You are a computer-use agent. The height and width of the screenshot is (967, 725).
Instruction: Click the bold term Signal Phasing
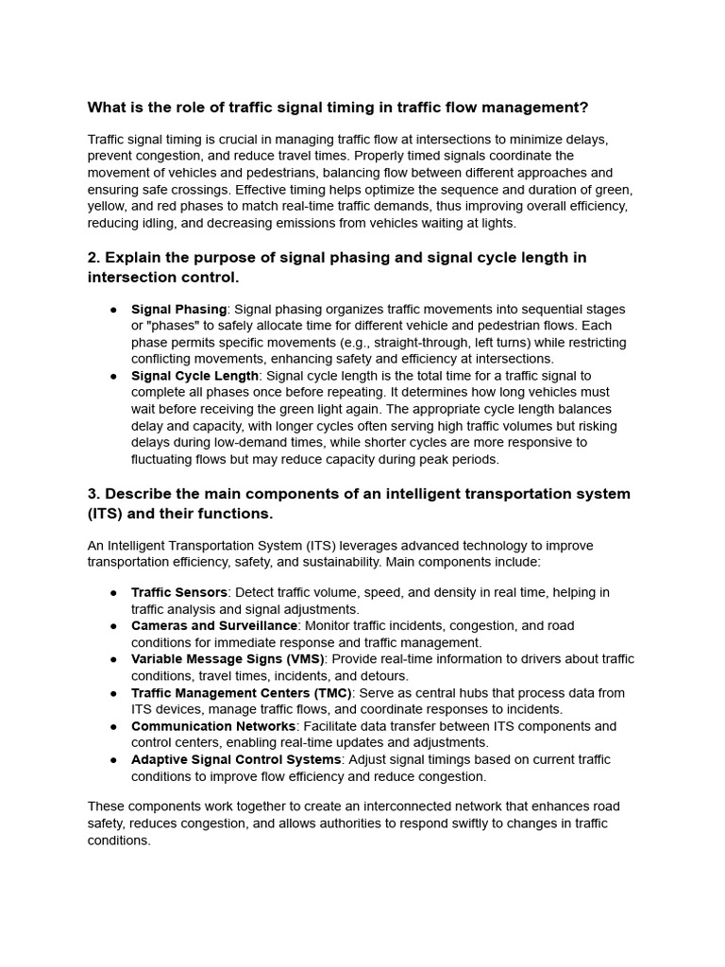tap(178, 309)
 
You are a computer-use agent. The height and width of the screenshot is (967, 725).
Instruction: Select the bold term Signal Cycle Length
tap(194, 376)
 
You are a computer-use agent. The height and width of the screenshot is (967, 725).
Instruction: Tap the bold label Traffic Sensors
tap(179, 592)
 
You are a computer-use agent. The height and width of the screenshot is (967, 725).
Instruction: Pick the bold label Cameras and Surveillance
tap(214, 625)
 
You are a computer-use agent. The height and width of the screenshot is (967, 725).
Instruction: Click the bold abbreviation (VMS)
tap(300, 659)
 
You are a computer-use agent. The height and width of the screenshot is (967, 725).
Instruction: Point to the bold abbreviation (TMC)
tap(328, 692)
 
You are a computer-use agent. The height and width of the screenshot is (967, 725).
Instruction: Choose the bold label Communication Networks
tap(213, 726)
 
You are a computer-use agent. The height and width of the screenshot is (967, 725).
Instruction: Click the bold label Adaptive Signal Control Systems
tap(236, 759)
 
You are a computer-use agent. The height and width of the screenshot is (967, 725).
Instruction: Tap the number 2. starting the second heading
tap(94, 258)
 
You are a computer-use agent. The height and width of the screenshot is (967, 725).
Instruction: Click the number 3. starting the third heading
tap(94, 494)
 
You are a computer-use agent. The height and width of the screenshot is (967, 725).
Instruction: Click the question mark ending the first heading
tap(583, 107)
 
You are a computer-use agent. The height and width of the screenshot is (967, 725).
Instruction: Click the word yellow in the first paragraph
tap(108, 206)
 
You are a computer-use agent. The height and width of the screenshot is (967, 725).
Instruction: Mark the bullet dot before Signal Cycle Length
tap(113, 376)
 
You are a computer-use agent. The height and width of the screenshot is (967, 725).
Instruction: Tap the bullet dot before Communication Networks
tap(113, 726)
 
